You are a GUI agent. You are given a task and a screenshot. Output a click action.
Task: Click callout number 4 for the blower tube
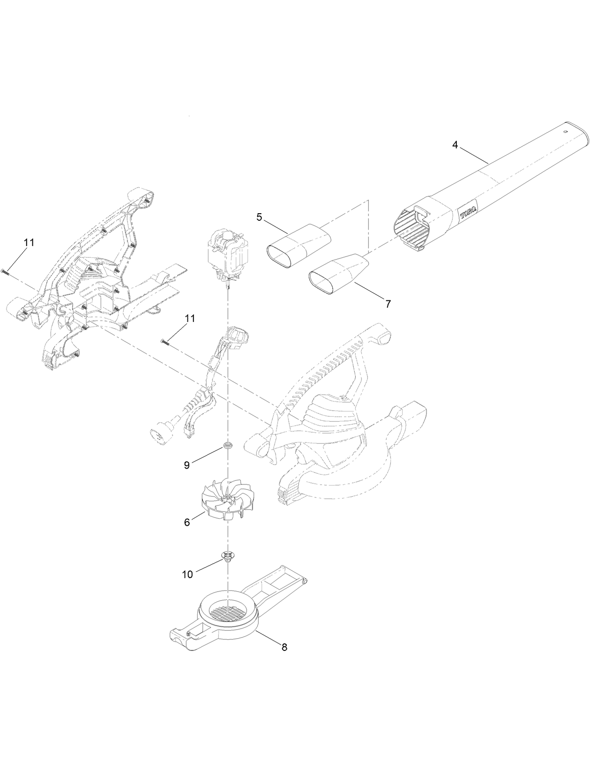[x=455, y=145]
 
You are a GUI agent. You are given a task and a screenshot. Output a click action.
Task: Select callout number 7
[x=388, y=304]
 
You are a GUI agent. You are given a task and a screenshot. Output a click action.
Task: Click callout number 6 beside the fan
[x=187, y=523]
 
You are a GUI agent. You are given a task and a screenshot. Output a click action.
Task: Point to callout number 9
[x=187, y=465]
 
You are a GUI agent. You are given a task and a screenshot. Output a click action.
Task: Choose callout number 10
[x=187, y=574]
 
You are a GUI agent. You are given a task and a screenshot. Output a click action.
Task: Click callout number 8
[x=284, y=648]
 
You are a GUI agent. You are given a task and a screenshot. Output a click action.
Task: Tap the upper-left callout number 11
[x=29, y=243]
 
